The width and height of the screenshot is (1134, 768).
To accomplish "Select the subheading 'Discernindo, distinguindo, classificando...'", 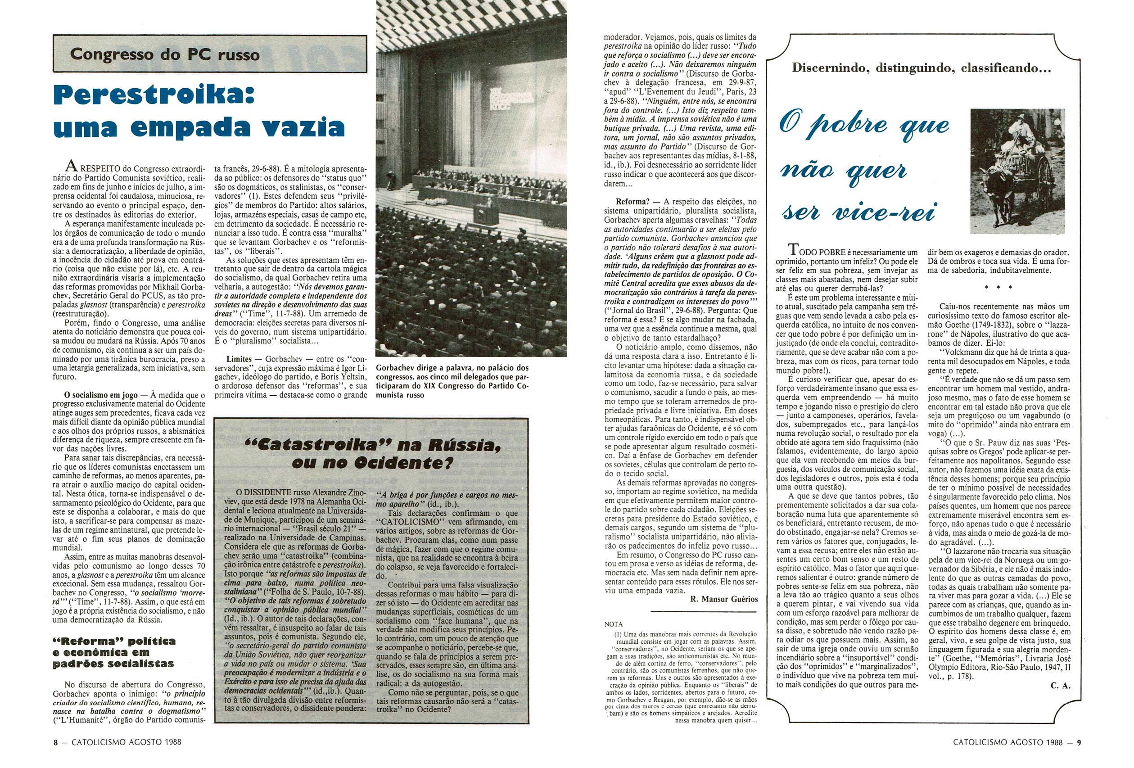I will pos(921,68).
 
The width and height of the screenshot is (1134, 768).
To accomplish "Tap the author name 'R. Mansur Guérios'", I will pos(724,599).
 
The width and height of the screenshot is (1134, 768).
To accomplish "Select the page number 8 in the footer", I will pos(56,742).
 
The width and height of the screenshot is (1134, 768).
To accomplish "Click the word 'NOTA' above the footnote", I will pos(613,624).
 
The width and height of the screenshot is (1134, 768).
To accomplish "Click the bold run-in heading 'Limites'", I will pos(239,359).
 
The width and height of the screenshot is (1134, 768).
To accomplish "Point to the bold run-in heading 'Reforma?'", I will pos(633,202).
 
